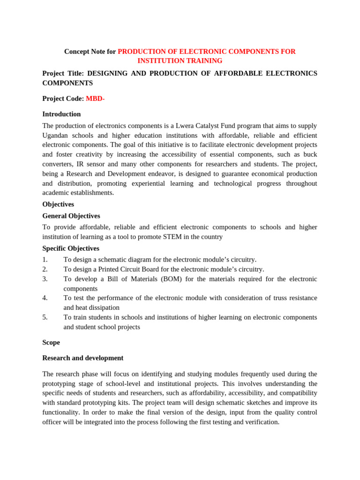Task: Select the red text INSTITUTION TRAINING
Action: point(180,61)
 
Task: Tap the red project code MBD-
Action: point(95,98)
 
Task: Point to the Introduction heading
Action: point(61,114)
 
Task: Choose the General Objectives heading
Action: point(71,216)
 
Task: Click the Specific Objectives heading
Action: point(71,248)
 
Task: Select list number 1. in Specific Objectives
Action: point(45,260)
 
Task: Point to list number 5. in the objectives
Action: point(45,317)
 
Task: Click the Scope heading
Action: point(51,343)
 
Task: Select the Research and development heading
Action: point(83,358)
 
